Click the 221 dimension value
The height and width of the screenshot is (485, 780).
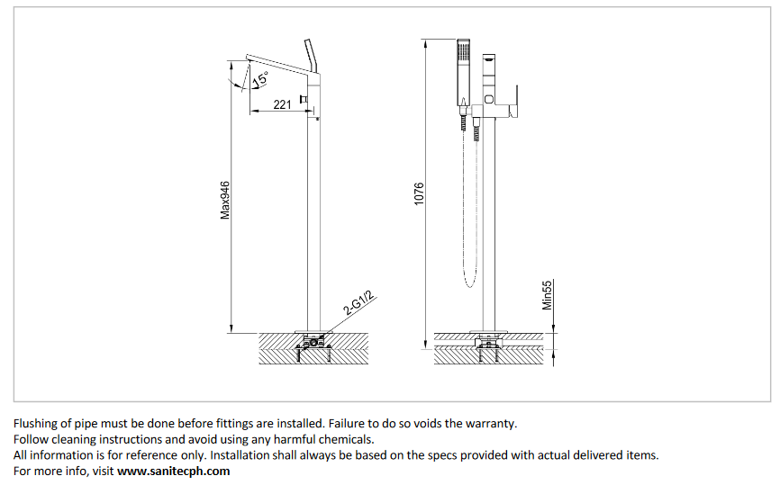[x=282, y=104]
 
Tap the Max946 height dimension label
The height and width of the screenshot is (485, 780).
[x=225, y=200]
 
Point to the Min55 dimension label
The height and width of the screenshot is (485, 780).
[x=547, y=294]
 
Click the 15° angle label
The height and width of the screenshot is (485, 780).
[x=259, y=79]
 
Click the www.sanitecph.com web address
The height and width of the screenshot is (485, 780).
[x=174, y=471]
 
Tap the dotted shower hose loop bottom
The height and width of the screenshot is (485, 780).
[x=468, y=286]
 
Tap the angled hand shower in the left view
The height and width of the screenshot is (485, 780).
[x=312, y=56]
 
